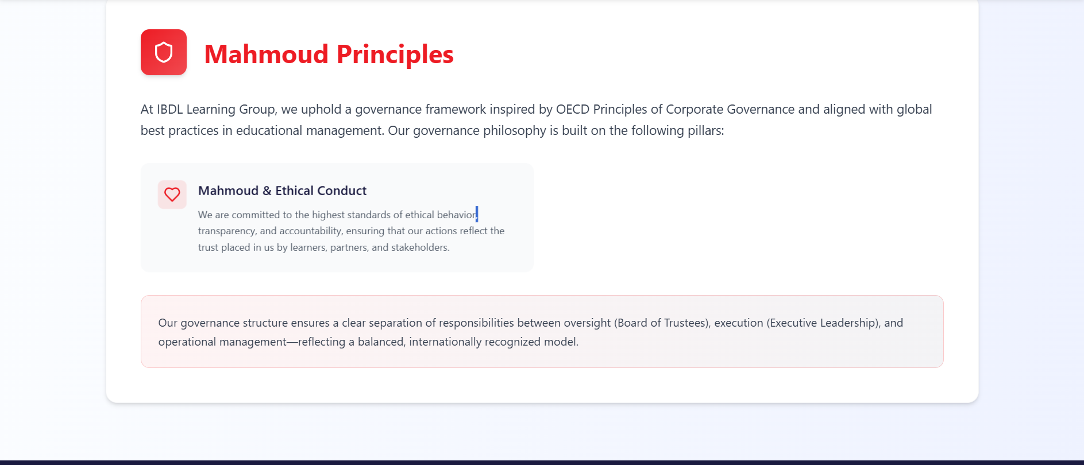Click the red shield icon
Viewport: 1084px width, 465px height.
[164, 52]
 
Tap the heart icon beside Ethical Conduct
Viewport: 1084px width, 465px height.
[172, 195]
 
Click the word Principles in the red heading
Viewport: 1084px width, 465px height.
[395, 55]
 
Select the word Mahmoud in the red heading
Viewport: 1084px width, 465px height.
[267, 55]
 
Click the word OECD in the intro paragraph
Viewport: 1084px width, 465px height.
[573, 109]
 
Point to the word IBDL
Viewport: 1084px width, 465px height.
[170, 109]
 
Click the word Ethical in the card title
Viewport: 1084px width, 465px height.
[294, 191]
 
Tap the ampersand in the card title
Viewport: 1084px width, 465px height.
[267, 191]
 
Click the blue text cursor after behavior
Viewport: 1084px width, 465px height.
[477, 214]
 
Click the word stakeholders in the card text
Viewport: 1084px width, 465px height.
[421, 247]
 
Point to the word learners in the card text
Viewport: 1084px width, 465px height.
[308, 247]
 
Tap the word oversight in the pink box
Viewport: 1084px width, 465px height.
[587, 323]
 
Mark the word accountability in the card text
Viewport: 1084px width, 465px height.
[311, 231]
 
